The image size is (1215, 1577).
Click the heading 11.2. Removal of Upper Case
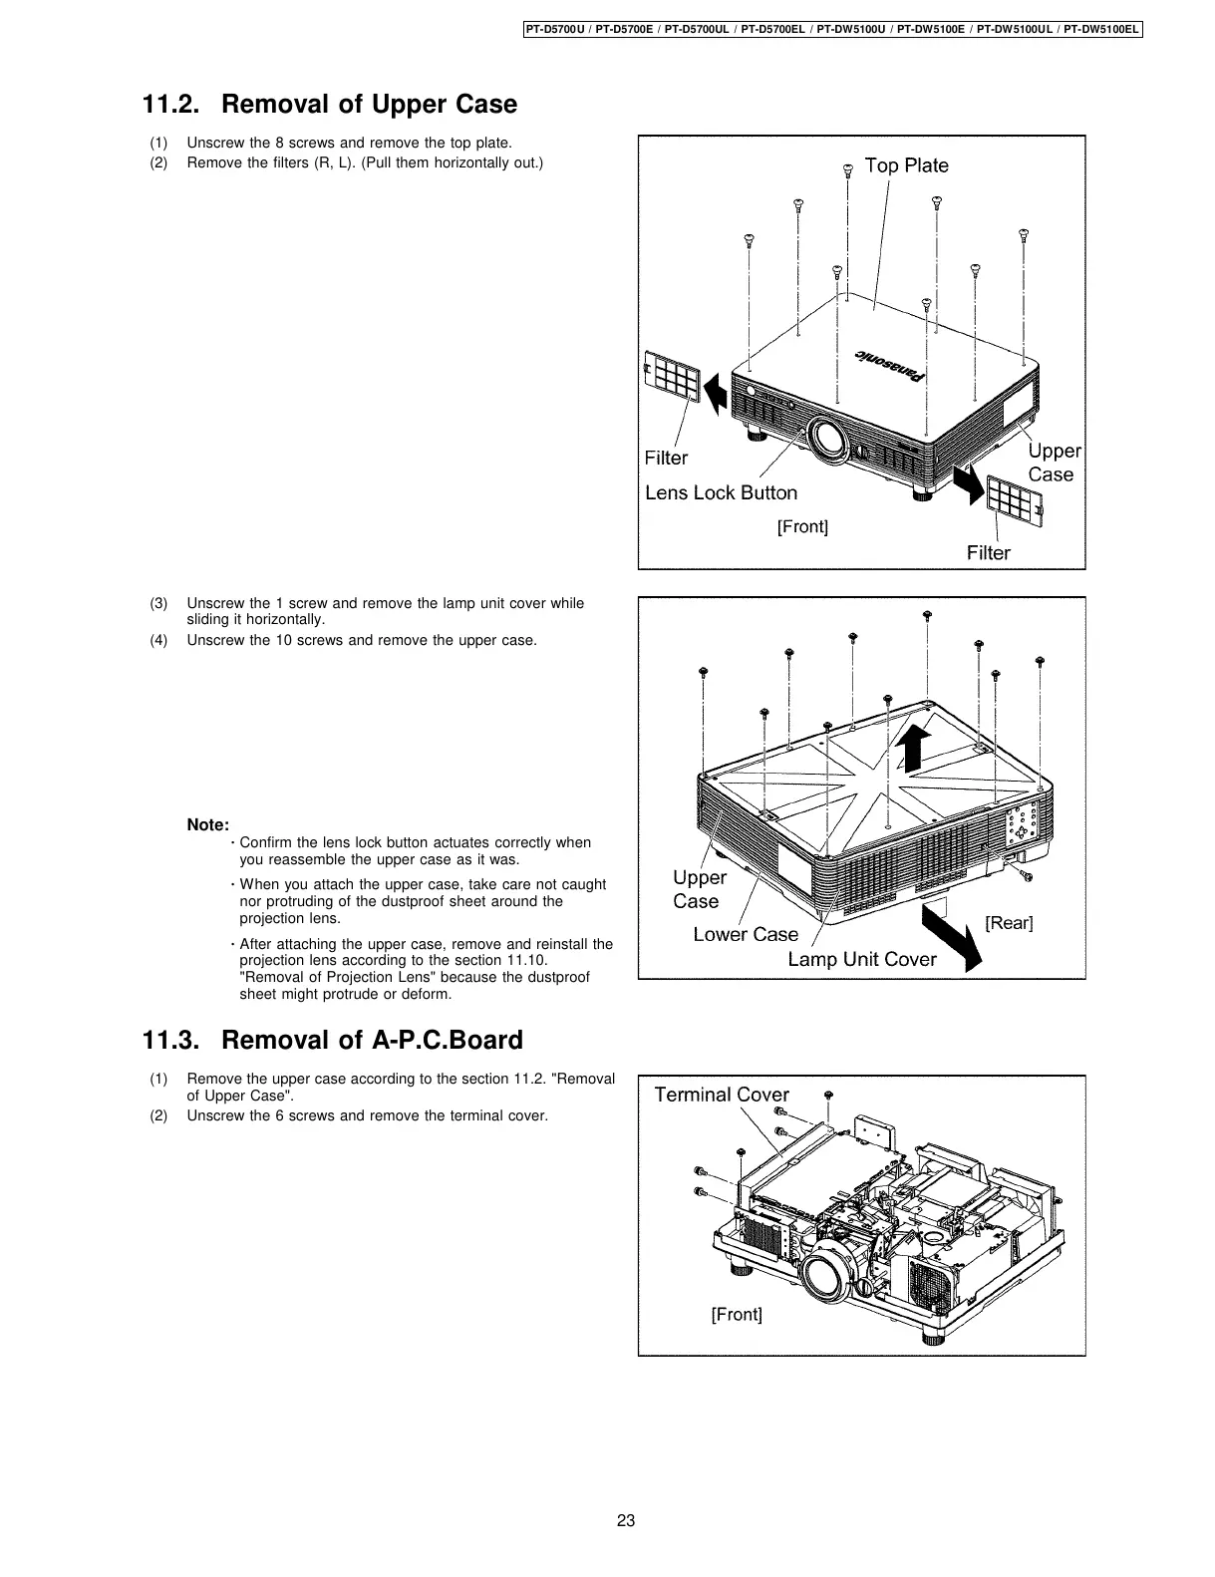tap(330, 105)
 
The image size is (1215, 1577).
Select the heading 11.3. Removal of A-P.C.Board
tap(333, 1041)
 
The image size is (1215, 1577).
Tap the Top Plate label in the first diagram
tap(906, 165)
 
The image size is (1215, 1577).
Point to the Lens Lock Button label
tap(721, 492)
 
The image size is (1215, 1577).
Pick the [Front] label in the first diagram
tap(802, 525)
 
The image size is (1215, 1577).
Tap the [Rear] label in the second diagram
tap(1009, 922)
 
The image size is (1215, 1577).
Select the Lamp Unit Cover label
tap(862, 959)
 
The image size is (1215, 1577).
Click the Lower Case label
tap(746, 934)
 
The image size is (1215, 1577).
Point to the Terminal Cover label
tap(722, 1095)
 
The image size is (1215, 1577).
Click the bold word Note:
tap(208, 825)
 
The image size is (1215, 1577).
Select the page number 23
tap(626, 1521)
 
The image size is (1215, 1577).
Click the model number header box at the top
tap(832, 29)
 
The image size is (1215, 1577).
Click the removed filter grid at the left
tap(673, 376)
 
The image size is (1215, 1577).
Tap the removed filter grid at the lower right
tap(1016, 501)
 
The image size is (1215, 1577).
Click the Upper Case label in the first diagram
tap(1053, 463)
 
